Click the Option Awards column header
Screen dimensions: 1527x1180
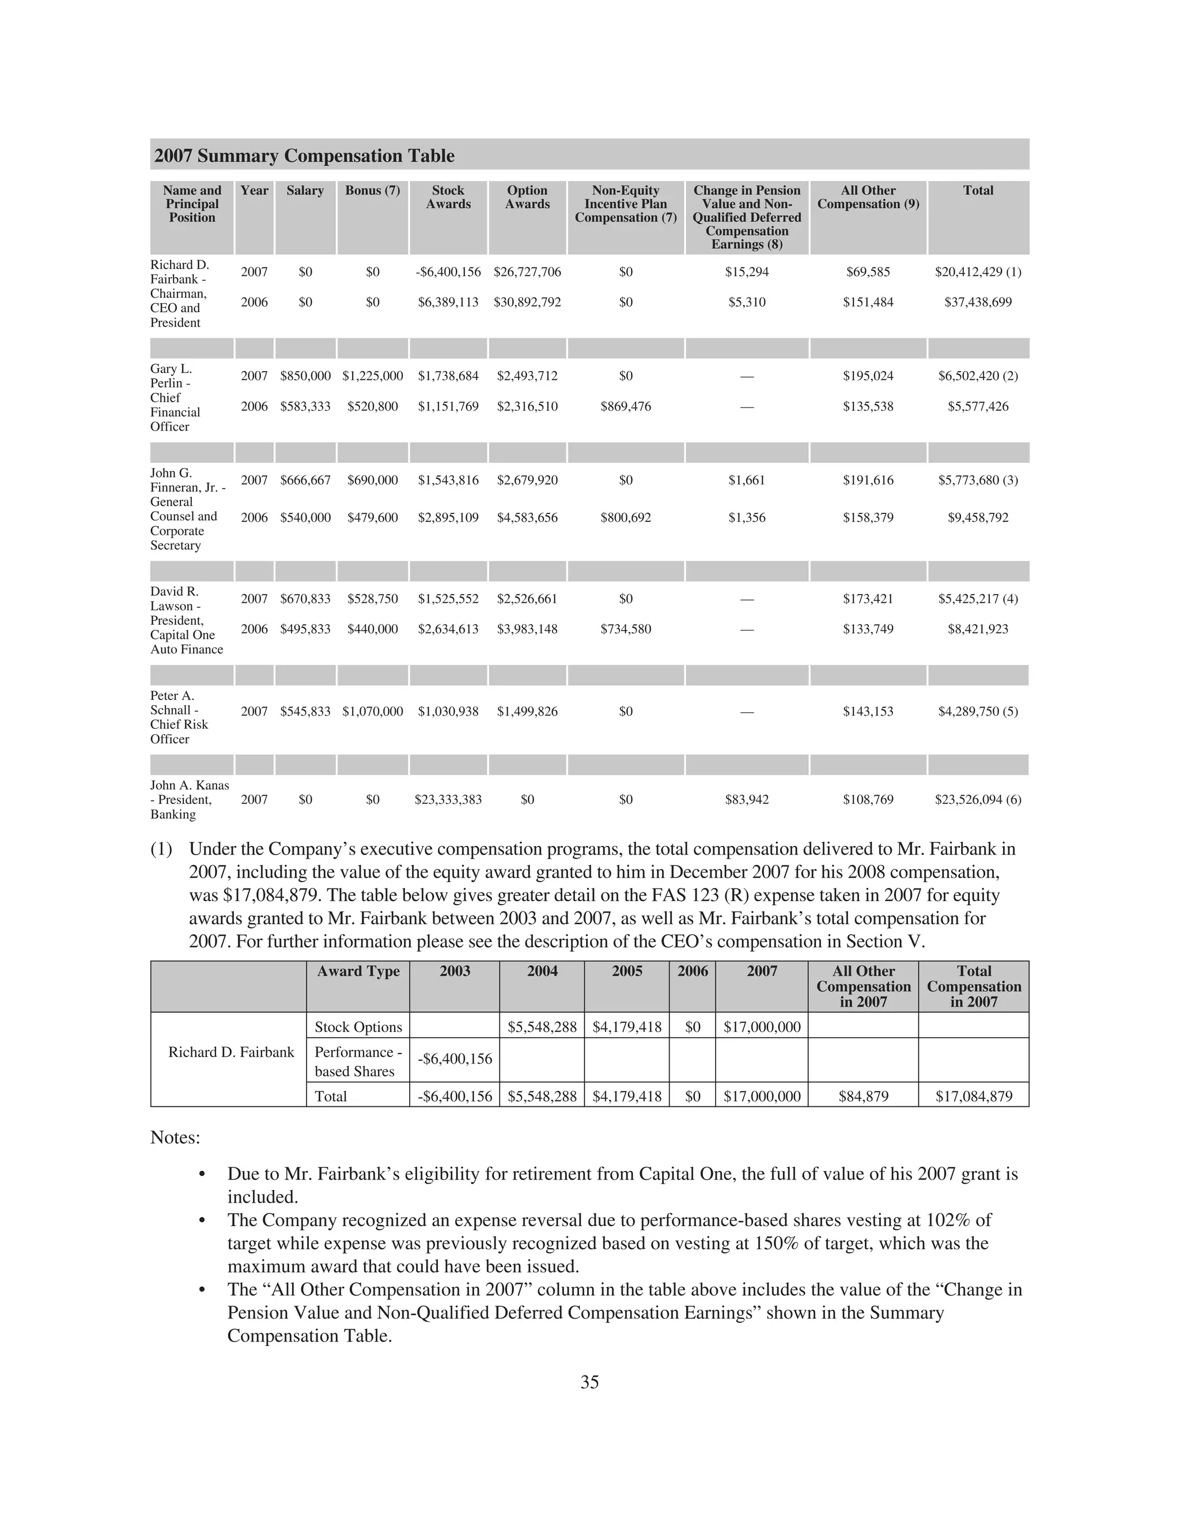(527, 197)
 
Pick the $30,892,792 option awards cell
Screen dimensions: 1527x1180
(527, 303)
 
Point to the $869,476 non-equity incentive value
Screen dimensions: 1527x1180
(625, 407)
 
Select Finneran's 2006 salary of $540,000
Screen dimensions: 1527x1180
(305, 518)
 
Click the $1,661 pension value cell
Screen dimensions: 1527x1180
(746, 481)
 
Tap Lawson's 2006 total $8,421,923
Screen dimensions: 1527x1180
(977, 629)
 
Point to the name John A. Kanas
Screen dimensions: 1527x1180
(190, 786)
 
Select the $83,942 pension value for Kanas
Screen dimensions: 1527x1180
(746, 800)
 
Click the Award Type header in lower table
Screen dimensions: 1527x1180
(358, 971)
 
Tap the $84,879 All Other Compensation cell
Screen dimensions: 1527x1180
(863, 1097)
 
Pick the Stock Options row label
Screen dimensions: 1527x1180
(358, 1027)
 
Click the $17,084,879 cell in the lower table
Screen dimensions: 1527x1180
(973, 1097)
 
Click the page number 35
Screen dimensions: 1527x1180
(589, 1382)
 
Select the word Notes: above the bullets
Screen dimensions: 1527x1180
(175, 1137)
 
